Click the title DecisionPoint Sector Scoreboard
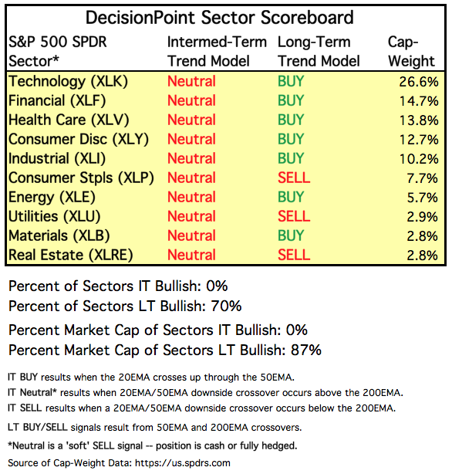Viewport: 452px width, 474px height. point(220,18)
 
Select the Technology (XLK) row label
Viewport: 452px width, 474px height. point(69,82)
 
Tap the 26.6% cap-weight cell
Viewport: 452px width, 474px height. point(419,82)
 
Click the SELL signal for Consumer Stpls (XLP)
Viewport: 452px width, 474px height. point(294,178)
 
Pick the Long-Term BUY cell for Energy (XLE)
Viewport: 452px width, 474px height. point(291,197)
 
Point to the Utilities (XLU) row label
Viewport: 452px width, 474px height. point(55,216)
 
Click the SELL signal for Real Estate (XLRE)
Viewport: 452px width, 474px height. point(294,255)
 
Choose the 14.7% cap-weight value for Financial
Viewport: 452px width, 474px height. point(419,101)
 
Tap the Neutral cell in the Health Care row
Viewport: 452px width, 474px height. point(191,120)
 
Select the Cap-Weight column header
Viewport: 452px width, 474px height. point(411,52)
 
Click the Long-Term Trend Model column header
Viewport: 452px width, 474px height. point(319,52)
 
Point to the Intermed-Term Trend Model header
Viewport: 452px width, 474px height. point(217,52)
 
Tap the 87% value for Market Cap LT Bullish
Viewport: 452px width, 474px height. point(306,350)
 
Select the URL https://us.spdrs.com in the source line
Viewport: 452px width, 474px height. point(183,463)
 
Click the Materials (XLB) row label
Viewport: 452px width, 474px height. point(59,235)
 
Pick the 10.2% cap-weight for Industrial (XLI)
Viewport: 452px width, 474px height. point(419,159)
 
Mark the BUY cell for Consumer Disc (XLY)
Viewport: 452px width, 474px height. point(291,140)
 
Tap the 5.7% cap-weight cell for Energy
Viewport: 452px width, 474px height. point(423,198)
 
